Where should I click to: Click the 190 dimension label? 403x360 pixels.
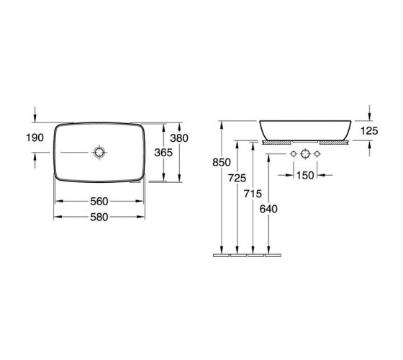35,138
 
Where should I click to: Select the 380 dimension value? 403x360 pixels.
179,138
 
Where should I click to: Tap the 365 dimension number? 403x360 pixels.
163,153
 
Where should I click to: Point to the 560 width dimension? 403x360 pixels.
99,202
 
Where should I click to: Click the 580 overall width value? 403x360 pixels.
99,217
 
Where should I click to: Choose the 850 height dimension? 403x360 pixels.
222,162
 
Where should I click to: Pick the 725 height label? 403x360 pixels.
237,178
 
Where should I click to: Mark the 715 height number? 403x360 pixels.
253,194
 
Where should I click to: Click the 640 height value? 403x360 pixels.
268,209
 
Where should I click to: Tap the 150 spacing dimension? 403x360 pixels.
305,176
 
